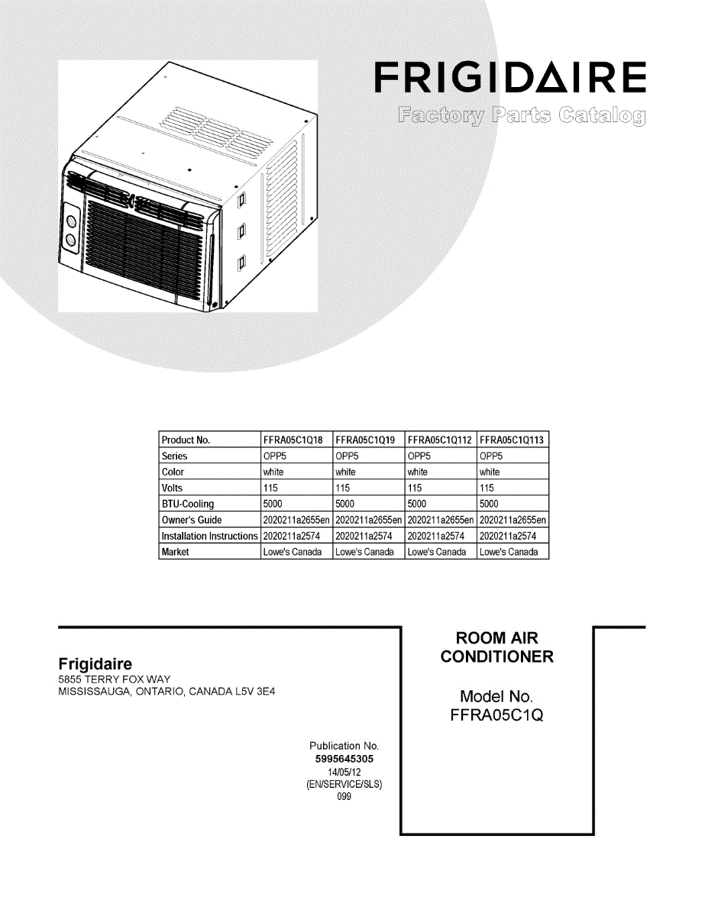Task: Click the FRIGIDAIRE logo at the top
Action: tap(510, 77)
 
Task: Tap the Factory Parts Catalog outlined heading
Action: tap(521, 116)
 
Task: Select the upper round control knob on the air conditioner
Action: tap(71, 221)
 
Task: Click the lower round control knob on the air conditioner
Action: tap(71, 240)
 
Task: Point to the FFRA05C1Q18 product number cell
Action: tap(293, 440)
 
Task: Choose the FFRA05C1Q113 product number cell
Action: tap(512, 440)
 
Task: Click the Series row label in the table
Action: tap(174, 456)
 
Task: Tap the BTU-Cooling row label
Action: tap(188, 504)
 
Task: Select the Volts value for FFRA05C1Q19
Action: tap(342, 488)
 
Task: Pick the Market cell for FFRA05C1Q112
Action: tap(436, 552)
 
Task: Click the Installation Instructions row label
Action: tap(209, 536)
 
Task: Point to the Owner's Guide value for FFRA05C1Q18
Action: tap(296, 520)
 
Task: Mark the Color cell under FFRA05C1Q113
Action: tap(489, 472)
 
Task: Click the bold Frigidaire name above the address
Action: tap(95, 665)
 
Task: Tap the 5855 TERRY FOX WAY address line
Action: tap(115, 679)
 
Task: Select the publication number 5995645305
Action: tap(344, 760)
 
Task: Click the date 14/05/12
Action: tap(344, 772)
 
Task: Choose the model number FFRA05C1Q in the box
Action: tap(496, 715)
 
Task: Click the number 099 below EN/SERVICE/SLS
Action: tap(344, 796)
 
